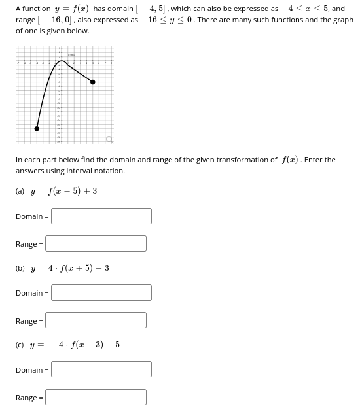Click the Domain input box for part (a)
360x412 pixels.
click(101, 216)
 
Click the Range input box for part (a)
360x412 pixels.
click(96, 244)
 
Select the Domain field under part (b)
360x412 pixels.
click(101, 293)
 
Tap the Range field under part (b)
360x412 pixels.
click(96, 320)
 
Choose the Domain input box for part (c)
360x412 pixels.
click(101, 369)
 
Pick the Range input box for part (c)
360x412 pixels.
click(96, 397)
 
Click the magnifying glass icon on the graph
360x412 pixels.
click(110, 139)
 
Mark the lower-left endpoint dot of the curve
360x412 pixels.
click(37, 128)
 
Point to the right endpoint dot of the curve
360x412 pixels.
click(92, 82)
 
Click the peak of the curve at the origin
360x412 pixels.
click(62, 61)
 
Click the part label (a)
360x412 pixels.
click(20, 191)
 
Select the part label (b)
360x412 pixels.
click(20, 267)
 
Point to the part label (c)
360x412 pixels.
click(20, 345)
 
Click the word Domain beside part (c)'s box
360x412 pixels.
click(29, 370)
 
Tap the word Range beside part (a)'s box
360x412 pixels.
click(27, 245)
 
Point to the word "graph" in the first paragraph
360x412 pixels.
click(342, 20)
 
